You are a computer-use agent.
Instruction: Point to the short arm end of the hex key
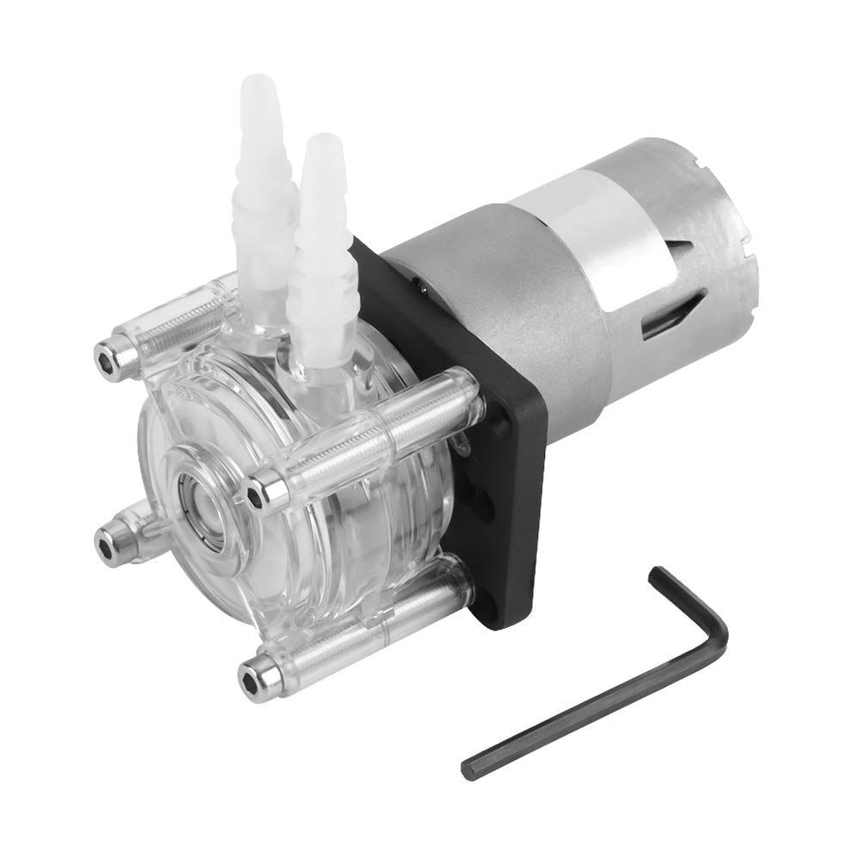[x=658, y=575]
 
